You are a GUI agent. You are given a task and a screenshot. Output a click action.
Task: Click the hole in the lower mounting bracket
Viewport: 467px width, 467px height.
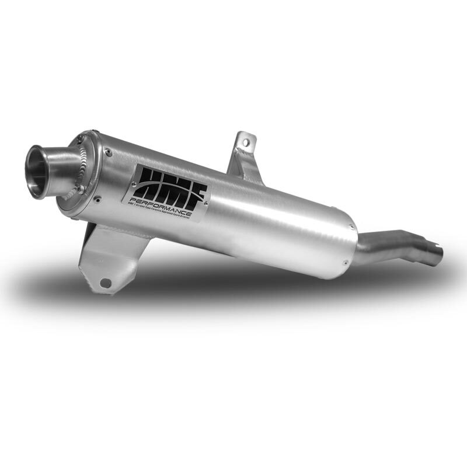coord(105,283)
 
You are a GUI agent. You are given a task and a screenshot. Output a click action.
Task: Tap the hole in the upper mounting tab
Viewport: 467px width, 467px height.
coord(246,141)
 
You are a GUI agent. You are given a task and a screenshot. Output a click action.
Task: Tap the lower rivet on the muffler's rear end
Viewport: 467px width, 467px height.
coord(347,261)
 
